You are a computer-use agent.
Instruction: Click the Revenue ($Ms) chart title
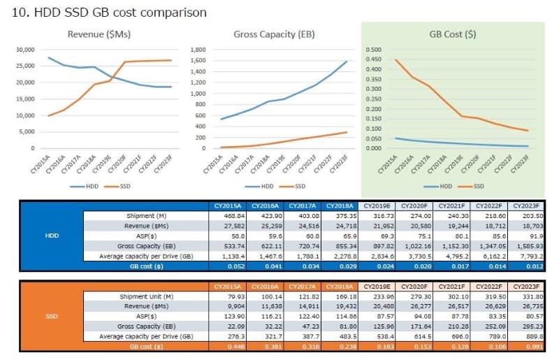point(99,34)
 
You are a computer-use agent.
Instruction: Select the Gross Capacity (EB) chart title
point(274,34)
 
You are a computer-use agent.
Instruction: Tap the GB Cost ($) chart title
point(453,34)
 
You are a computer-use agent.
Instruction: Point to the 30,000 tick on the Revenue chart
point(26,50)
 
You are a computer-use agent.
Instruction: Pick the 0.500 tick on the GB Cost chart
point(373,50)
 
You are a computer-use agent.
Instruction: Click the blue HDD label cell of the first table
point(52,236)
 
